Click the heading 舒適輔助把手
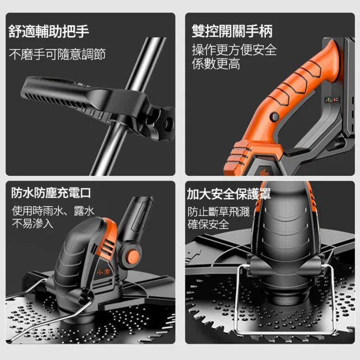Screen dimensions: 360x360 [x=49, y=31]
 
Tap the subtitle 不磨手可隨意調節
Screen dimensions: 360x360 [x=57, y=54]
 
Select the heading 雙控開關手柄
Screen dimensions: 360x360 [x=232, y=31]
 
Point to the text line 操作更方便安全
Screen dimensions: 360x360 [x=234, y=50]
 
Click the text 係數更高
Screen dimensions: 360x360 [x=216, y=64]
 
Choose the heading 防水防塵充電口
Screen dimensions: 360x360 [x=51, y=192]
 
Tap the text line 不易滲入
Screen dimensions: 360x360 [x=33, y=223]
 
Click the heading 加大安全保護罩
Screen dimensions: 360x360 [x=229, y=193]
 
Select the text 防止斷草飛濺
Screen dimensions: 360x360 [x=218, y=211]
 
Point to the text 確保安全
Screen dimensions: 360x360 [x=208, y=224]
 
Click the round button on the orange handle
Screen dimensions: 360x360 [x=274, y=116]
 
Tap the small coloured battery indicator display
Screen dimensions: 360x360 [x=332, y=100]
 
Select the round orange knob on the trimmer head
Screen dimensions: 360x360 [x=133, y=255]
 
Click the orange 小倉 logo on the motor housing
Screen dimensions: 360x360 [x=103, y=272]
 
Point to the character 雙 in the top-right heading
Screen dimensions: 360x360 [x=199, y=31]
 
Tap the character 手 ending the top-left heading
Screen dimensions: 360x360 [x=83, y=31]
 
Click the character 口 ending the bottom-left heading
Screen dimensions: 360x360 [x=85, y=193]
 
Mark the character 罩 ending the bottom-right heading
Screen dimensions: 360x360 [x=264, y=193]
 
